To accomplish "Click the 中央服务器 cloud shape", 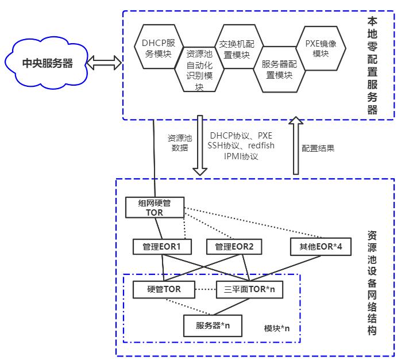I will point(47,62).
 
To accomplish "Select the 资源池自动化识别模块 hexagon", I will point(199,70).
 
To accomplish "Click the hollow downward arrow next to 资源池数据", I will point(200,145).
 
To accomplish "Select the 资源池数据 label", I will point(179,143).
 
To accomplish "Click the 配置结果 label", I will point(318,148).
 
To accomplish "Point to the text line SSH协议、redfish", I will point(236,146).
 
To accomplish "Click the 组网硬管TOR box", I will point(155,208).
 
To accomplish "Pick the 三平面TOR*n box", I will point(250,289).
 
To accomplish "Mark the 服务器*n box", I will point(213,325).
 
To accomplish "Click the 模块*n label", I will point(277,328).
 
